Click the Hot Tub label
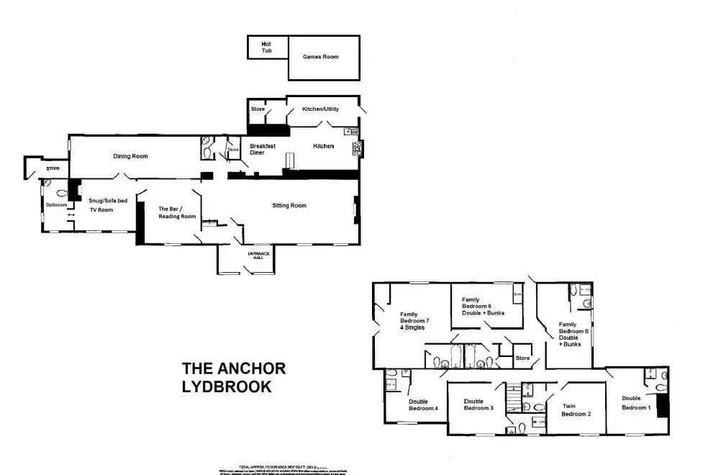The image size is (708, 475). [x=267, y=47]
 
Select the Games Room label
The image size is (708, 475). [x=320, y=57]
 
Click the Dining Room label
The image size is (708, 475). [x=130, y=155]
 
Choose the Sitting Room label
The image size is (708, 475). [x=289, y=206]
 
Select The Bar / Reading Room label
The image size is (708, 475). [x=177, y=212]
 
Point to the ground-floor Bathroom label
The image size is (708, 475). [x=56, y=205]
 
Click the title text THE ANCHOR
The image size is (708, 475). [x=234, y=368]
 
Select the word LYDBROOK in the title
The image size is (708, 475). [x=226, y=386]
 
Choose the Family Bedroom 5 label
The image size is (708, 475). [x=574, y=335]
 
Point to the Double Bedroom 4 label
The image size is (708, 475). [x=423, y=405]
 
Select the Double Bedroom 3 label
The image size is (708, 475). [x=478, y=405]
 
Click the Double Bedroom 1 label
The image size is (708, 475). [x=636, y=402]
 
